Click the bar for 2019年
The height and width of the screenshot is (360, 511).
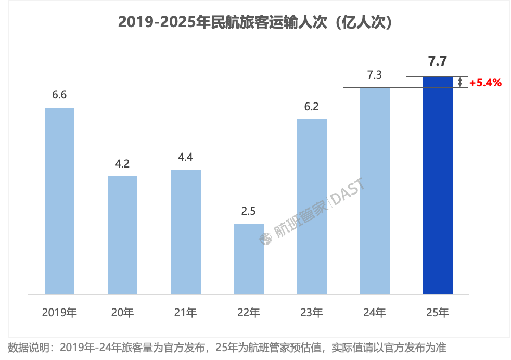(x=59, y=201)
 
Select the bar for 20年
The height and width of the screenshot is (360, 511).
(x=122, y=235)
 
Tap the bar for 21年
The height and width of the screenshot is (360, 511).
(x=185, y=232)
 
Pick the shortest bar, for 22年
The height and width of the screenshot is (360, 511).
(x=248, y=259)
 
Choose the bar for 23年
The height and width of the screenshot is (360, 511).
(x=311, y=207)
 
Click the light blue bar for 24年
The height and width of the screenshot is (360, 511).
(x=375, y=191)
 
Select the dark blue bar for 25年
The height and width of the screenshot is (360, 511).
(x=438, y=185)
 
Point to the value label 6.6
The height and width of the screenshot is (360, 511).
(x=59, y=95)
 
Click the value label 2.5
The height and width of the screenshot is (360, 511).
(x=248, y=211)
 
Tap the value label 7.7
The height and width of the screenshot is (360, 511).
(x=437, y=62)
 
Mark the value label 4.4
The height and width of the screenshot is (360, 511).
(x=185, y=158)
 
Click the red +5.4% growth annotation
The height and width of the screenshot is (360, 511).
(x=485, y=83)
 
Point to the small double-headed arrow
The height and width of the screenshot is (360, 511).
(x=460, y=82)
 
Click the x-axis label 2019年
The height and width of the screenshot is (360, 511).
(x=59, y=313)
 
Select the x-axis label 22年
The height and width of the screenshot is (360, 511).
(x=248, y=313)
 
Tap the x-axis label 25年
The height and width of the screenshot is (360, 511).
(x=437, y=313)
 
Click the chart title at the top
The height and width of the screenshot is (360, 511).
(x=255, y=22)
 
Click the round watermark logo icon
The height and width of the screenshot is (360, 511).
(x=266, y=238)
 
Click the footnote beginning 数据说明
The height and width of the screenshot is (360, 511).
(x=227, y=348)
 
